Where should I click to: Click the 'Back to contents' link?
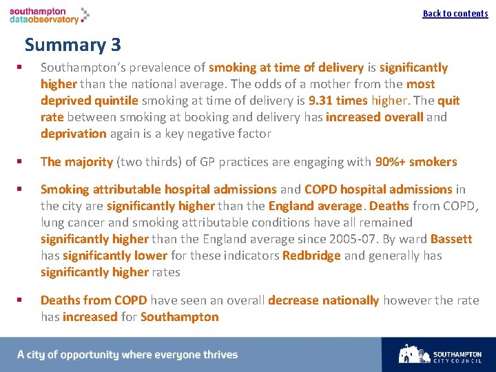(x=455, y=13)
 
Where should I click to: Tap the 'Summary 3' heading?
(x=72, y=45)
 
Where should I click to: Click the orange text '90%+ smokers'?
(x=415, y=162)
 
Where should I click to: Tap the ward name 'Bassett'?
(x=451, y=239)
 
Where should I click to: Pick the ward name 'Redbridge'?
(x=311, y=256)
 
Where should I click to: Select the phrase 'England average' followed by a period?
(x=315, y=206)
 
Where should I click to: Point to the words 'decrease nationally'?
(x=323, y=300)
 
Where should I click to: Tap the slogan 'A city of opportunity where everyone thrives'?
(x=127, y=355)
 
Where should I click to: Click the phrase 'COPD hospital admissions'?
(x=378, y=189)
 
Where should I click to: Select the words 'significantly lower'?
(x=115, y=256)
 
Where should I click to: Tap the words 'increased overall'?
(x=374, y=117)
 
